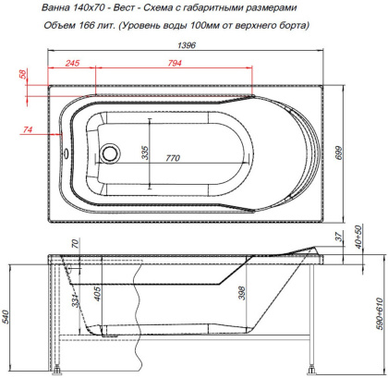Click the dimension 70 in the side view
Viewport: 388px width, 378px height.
(76, 244)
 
